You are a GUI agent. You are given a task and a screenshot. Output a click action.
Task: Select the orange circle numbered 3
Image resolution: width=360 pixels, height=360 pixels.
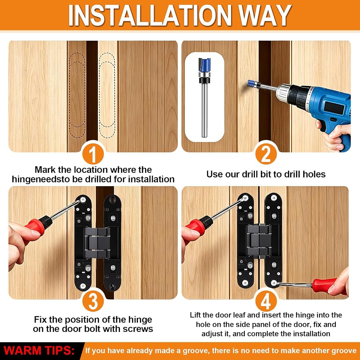[93, 301]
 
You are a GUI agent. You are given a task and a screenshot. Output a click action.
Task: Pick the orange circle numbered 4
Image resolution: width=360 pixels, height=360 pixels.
[266, 301]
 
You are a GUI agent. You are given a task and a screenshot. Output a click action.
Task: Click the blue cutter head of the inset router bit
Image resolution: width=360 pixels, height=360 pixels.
[204, 65]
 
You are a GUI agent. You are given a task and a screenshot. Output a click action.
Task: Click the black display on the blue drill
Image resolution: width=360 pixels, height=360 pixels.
[334, 108]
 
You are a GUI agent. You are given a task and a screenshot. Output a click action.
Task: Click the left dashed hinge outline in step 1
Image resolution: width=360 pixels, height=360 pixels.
[77, 95]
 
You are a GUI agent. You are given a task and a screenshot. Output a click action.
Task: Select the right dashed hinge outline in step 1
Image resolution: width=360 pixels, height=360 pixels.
[107, 95]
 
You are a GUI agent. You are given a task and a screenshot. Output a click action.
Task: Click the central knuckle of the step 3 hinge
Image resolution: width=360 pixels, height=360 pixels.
[97, 242]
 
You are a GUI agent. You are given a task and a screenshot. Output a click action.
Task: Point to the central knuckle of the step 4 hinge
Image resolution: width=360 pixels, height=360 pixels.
[259, 240]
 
